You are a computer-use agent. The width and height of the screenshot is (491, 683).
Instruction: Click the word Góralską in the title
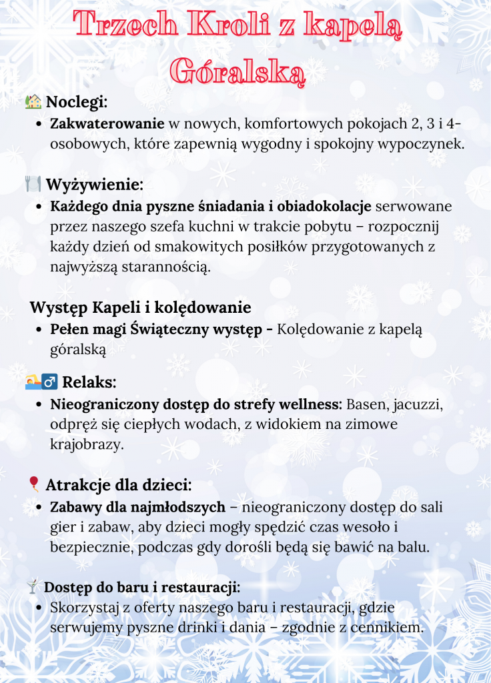237,71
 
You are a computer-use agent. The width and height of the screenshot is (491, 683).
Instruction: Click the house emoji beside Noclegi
33,101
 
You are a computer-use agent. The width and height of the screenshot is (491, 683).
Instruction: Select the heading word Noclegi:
77,102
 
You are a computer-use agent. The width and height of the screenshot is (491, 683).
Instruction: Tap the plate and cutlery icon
33,183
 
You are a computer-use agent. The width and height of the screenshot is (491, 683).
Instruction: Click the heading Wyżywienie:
95,184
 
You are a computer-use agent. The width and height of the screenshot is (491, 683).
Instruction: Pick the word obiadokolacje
319,205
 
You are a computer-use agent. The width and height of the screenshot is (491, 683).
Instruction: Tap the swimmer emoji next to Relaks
33,382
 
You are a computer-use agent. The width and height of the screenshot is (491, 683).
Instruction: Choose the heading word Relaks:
89,382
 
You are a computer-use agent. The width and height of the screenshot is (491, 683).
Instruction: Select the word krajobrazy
87,445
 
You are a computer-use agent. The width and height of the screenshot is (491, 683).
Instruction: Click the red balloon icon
33,484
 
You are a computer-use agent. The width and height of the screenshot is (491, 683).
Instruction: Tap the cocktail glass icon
32,587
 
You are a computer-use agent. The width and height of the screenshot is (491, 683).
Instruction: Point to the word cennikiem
389,628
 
